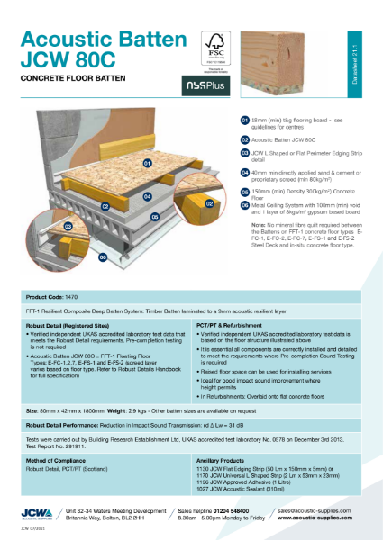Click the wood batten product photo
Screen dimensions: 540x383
click(288, 54)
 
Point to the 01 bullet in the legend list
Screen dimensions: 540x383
click(244, 120)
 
